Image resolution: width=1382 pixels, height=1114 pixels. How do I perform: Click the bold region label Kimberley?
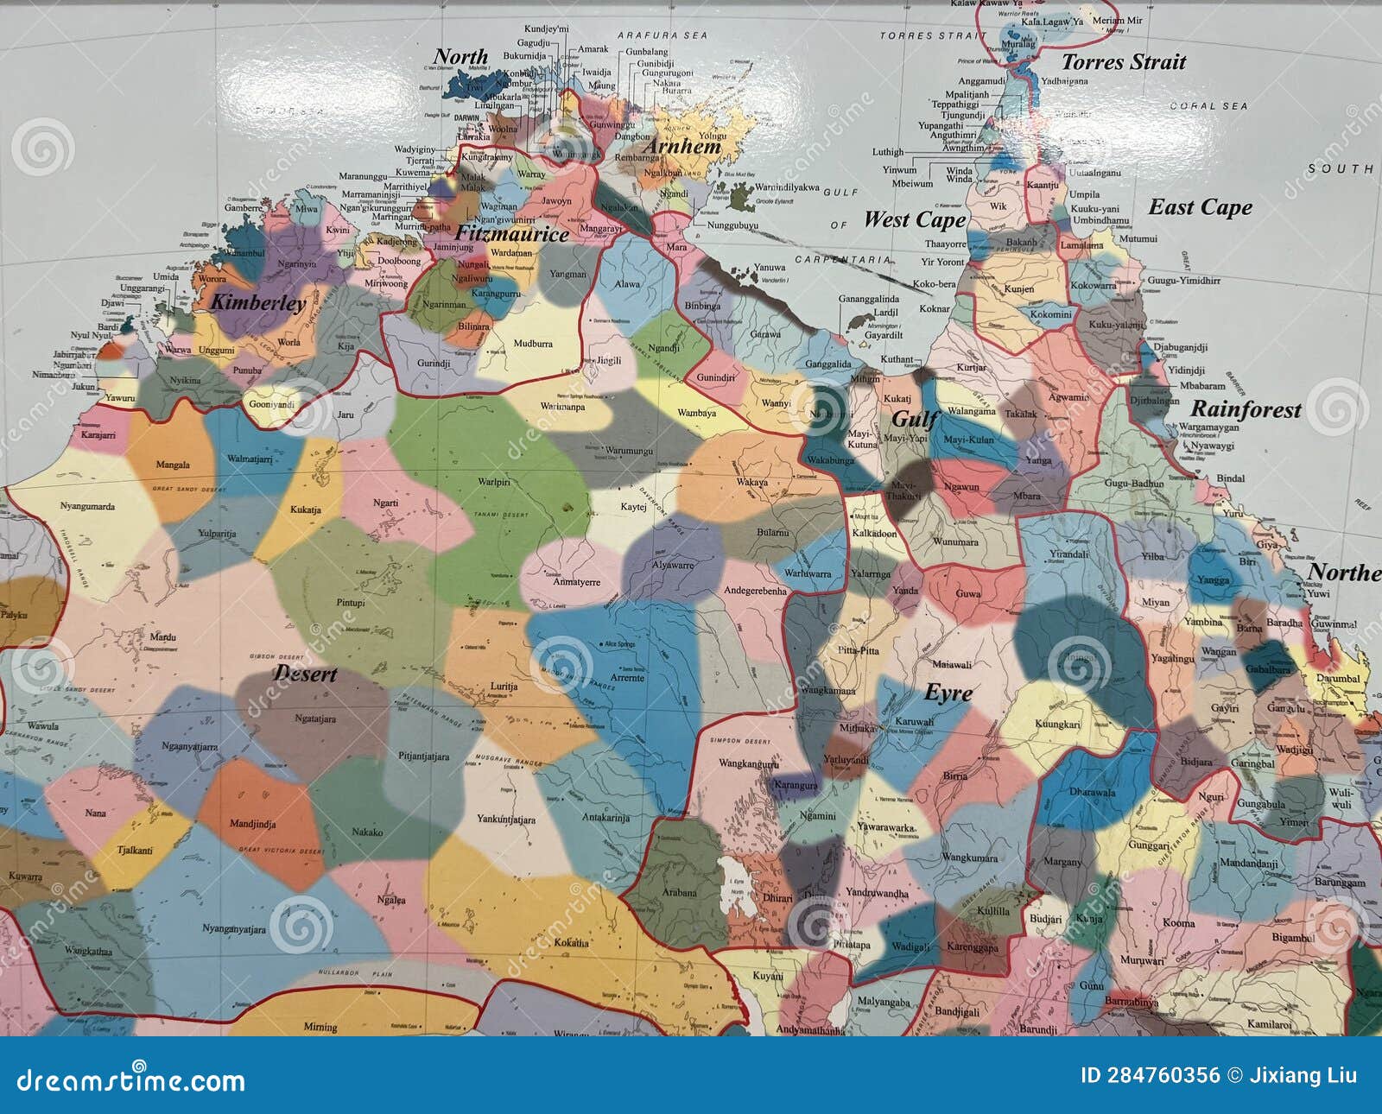click(258, 303)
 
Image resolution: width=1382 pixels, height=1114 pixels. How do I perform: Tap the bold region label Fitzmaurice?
click(511, 234)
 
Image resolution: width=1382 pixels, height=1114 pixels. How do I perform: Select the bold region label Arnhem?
click(682, 147)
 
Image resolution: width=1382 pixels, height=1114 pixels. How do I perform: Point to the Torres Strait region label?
click(1123, 62)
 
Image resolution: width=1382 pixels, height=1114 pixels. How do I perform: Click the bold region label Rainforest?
click(1246, 409)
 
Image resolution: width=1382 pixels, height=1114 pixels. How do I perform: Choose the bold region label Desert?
click(305, 674)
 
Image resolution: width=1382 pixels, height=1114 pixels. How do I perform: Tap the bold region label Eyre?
click(948, 693)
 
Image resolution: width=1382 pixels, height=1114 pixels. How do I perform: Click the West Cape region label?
click(914, 219)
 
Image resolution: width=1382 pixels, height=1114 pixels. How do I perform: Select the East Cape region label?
click(1200, 207)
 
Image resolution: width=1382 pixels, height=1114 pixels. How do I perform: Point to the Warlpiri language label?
click(494, 482)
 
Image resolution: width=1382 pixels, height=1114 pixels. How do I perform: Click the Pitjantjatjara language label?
click(423, 756)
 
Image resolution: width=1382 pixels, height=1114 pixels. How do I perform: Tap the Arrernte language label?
click(627, 678)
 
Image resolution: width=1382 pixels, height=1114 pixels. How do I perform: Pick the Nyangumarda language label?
click(87, 506)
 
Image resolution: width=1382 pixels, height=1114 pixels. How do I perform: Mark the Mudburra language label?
click(533, 344)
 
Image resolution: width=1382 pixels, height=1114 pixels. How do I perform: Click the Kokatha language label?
click(571, 942)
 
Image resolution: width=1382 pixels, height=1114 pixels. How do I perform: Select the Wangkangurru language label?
click(749, 763)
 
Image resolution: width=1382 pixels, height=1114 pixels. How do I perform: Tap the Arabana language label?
click(680, 892)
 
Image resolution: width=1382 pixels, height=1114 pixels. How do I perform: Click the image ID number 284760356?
click(1150, 1075)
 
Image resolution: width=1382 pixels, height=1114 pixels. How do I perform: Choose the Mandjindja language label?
click(252, 824)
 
